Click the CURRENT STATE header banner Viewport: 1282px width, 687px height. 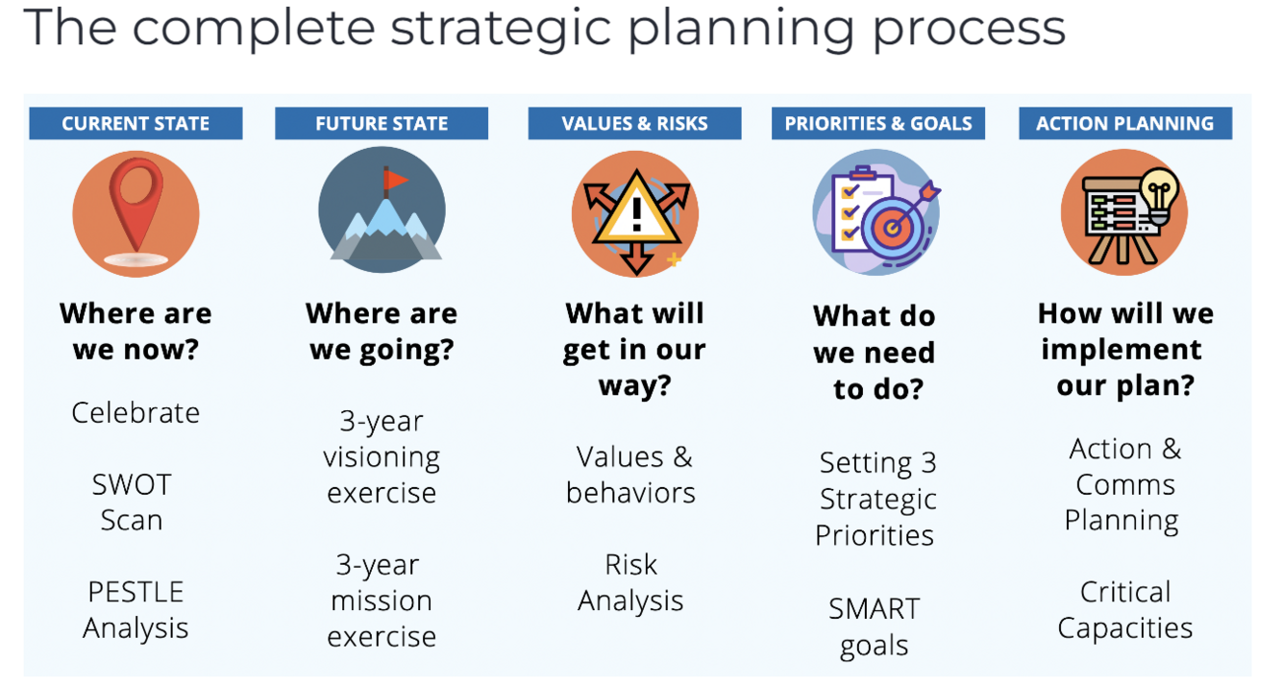click(136, 123)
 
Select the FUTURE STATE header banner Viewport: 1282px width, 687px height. click(382, 123)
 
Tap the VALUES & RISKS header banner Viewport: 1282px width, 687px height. click(634, 123)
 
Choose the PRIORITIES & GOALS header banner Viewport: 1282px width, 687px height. click(878, 123)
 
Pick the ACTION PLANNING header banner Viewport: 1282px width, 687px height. click(1125, 123)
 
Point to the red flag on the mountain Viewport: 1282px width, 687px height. click(395, 181)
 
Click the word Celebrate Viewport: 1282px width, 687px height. click(136, 412)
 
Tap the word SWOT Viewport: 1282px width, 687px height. click(132, 484)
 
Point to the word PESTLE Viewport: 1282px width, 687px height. click(136, 592)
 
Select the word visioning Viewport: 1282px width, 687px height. click(382, 457)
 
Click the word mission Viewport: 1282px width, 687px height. click(382, 601)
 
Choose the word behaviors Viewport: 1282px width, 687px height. click(630, 493)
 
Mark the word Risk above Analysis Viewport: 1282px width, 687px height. click(630, 565)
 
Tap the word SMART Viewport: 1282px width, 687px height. click(875, 608)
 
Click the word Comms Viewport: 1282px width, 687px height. click(1125, 484)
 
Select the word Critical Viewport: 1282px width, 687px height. click(1125, 592)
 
